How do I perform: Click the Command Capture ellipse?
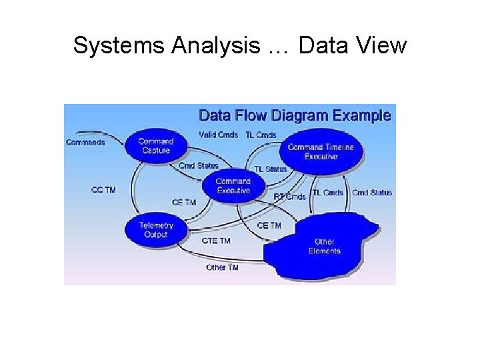pos(155,145)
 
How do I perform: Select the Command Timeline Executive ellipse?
pos(321,152)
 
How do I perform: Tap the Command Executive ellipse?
pos(233,186)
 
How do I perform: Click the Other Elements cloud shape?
pos(325,246)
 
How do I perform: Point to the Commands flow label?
pos(85,142)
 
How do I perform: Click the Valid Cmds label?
pos(218,135)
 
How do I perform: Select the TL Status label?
pos(271,169)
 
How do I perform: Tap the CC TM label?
pos(103,190)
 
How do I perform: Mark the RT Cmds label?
pos(290,197)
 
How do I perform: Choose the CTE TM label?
pos(216,241)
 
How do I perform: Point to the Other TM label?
pos(222,267)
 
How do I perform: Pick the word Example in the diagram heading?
pos(361,115)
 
